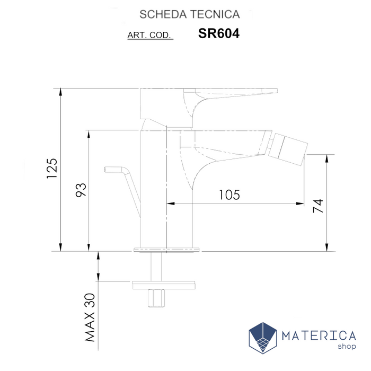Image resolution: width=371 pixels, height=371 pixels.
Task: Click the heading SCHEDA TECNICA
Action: pos(189,14)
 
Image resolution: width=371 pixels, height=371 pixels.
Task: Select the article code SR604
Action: pos(218,33)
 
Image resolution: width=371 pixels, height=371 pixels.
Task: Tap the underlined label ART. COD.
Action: pos(150,36)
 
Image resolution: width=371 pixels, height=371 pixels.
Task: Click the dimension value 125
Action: pos(52,169)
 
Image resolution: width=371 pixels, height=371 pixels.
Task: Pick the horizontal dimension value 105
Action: pos(229,195)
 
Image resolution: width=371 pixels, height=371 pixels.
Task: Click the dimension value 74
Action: pos(317,206)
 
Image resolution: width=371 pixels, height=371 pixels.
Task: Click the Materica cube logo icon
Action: pos(263,338)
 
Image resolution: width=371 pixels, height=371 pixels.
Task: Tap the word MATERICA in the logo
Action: pos(319,335)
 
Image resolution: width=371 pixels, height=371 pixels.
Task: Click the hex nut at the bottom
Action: pos(156,297)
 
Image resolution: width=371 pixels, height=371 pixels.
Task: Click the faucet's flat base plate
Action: pos(168,248)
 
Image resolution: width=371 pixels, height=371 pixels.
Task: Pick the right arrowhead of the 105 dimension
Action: pos(301,203)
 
